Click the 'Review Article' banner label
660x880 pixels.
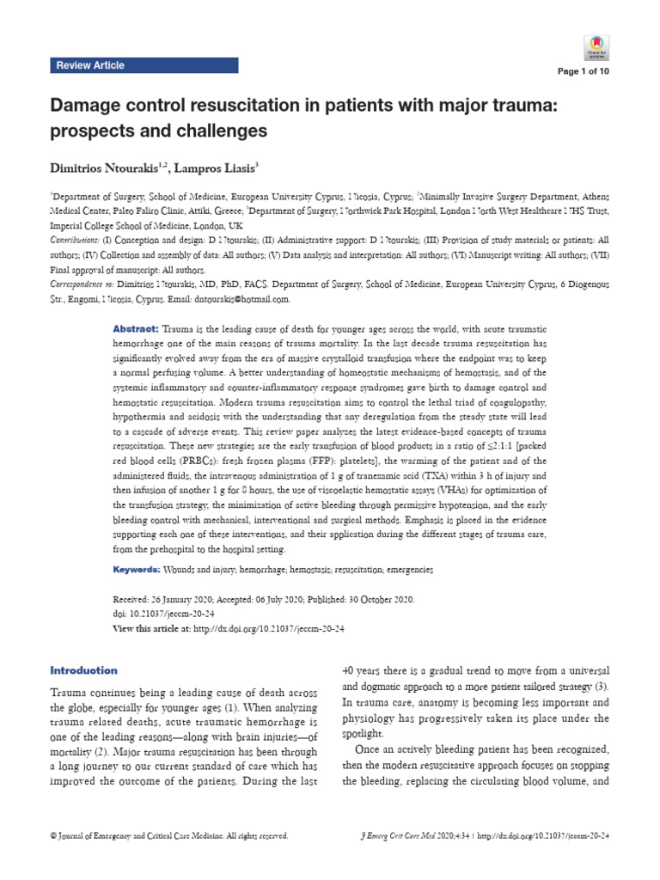[x=90, y=65]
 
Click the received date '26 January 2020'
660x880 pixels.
[x=183, y=598]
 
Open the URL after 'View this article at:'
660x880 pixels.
[x=269, y=629]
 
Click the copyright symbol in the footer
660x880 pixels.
[x=55, y=835]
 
